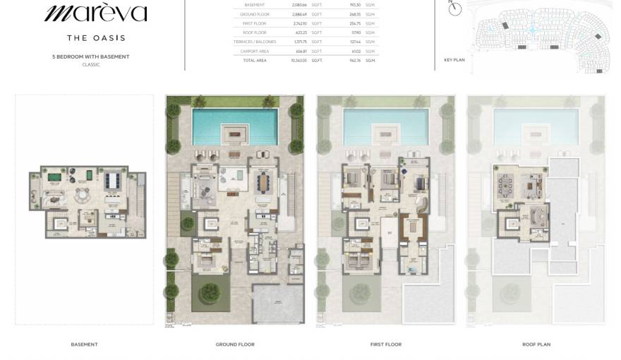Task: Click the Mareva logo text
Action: pyautogui.click(x=96, y=13)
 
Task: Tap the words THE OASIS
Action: pyautogui.click(x=96, y=37)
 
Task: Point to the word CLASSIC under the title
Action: pyautogui.click(x=91, y=64)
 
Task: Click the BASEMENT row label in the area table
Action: pyautogui.click(x=254, y=4)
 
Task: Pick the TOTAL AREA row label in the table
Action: pyautogui.click(x=255, y=60)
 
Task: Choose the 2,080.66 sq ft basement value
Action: pyautogui.click(x=299, y=4)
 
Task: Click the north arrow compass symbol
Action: pyautogui.click(x=455, y=8)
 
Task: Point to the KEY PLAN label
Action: pyautogui.click(x=454, y=60)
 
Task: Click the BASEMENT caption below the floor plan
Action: pyautogui.click(x=84, y=344)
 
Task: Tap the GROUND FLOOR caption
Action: pyautogui.click(x=235, y=344)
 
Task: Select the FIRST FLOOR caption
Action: pyautogui.click(x=386, y=344)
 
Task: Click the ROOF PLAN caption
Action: pyautogui.click(x=536, y=344)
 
